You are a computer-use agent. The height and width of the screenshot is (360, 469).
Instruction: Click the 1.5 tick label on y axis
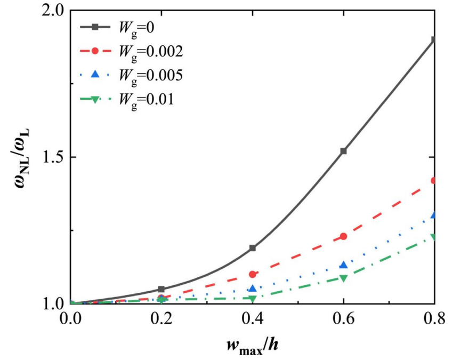[x=53, y=158]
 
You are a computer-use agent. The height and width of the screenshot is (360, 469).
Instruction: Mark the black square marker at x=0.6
[x=343, y=151]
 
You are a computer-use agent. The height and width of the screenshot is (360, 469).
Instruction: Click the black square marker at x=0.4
[x=253, y=248]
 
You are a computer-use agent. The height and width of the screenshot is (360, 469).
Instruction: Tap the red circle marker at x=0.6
[x=343, y=236]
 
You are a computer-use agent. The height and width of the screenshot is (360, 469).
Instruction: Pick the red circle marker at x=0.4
[x=253, y=274]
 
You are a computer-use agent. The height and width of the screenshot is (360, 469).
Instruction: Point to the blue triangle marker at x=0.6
[x=343, y=265]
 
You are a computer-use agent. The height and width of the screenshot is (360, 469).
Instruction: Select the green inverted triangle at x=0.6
[x=343, y=278]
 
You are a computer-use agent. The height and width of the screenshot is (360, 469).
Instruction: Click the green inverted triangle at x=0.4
[x=253, y=299]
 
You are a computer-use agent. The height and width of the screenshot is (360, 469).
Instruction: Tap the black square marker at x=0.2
[x=161, y=289]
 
